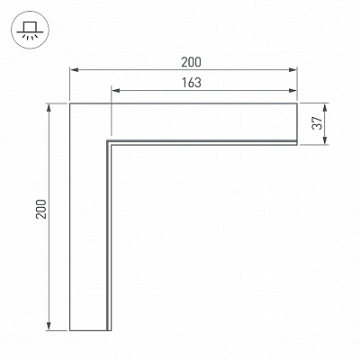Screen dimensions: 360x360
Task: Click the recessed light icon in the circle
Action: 30,30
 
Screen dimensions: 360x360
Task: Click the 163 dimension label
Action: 192,83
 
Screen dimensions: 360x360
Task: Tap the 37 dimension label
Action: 317,123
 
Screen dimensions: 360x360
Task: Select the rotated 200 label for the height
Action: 41,209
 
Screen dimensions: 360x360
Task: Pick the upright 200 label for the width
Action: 191,62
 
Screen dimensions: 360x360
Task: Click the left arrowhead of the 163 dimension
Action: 116,91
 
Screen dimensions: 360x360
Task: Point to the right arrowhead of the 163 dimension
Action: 292,91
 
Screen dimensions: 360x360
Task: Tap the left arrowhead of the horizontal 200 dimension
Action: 75,70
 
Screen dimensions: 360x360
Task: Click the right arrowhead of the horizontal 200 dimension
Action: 292,70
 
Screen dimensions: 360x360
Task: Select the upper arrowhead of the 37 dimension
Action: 325,108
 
